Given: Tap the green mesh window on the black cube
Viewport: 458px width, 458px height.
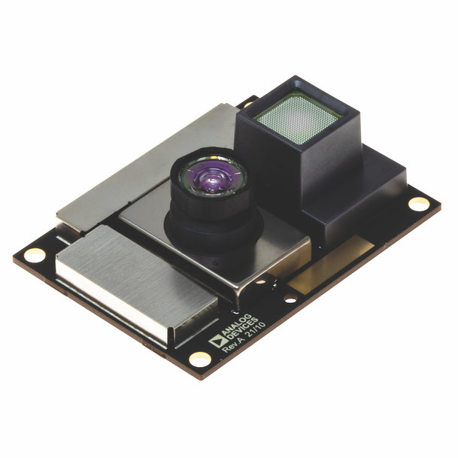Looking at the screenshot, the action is (x=298, y=119).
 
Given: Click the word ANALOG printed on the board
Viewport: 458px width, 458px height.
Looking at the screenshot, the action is (x=237, y=325).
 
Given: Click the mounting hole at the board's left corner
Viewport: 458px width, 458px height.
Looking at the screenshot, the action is (x=35, y=255).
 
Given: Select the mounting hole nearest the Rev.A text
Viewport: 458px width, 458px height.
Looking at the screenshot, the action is (x=200, y=359).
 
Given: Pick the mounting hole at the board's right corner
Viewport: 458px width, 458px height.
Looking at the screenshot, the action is (x=418, y=204).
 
